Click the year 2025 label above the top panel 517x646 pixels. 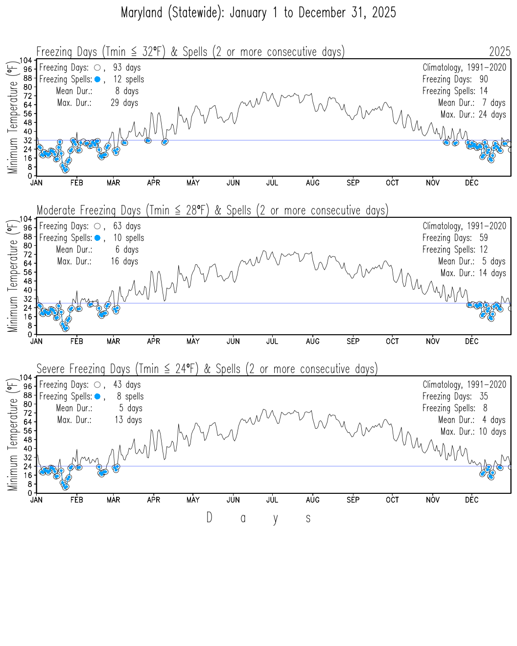tap(499, 52)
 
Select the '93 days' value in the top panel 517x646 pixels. tap(127, 68)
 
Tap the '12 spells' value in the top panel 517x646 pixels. tap(129, 79)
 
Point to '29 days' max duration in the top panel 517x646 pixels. tap(124, 103)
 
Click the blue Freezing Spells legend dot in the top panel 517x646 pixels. tap(97, 79)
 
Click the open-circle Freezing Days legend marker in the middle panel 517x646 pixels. tap(97, 226)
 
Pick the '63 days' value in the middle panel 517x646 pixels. tap(127, 226)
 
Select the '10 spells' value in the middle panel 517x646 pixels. tap(129, 238)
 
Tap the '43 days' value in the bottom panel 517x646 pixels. tap(127, 385)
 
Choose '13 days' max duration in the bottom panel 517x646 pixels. tap(128, 420)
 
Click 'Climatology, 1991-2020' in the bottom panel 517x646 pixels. tap(464, 385)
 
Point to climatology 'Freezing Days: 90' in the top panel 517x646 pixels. tap(455, 79)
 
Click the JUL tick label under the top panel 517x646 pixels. tap(272, 183)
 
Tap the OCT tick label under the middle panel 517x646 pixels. tap(392, 342)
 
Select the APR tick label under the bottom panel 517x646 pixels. tap(154, 500)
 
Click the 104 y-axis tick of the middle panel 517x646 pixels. tap(26, 219)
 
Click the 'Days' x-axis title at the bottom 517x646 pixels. tap(258, 518)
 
